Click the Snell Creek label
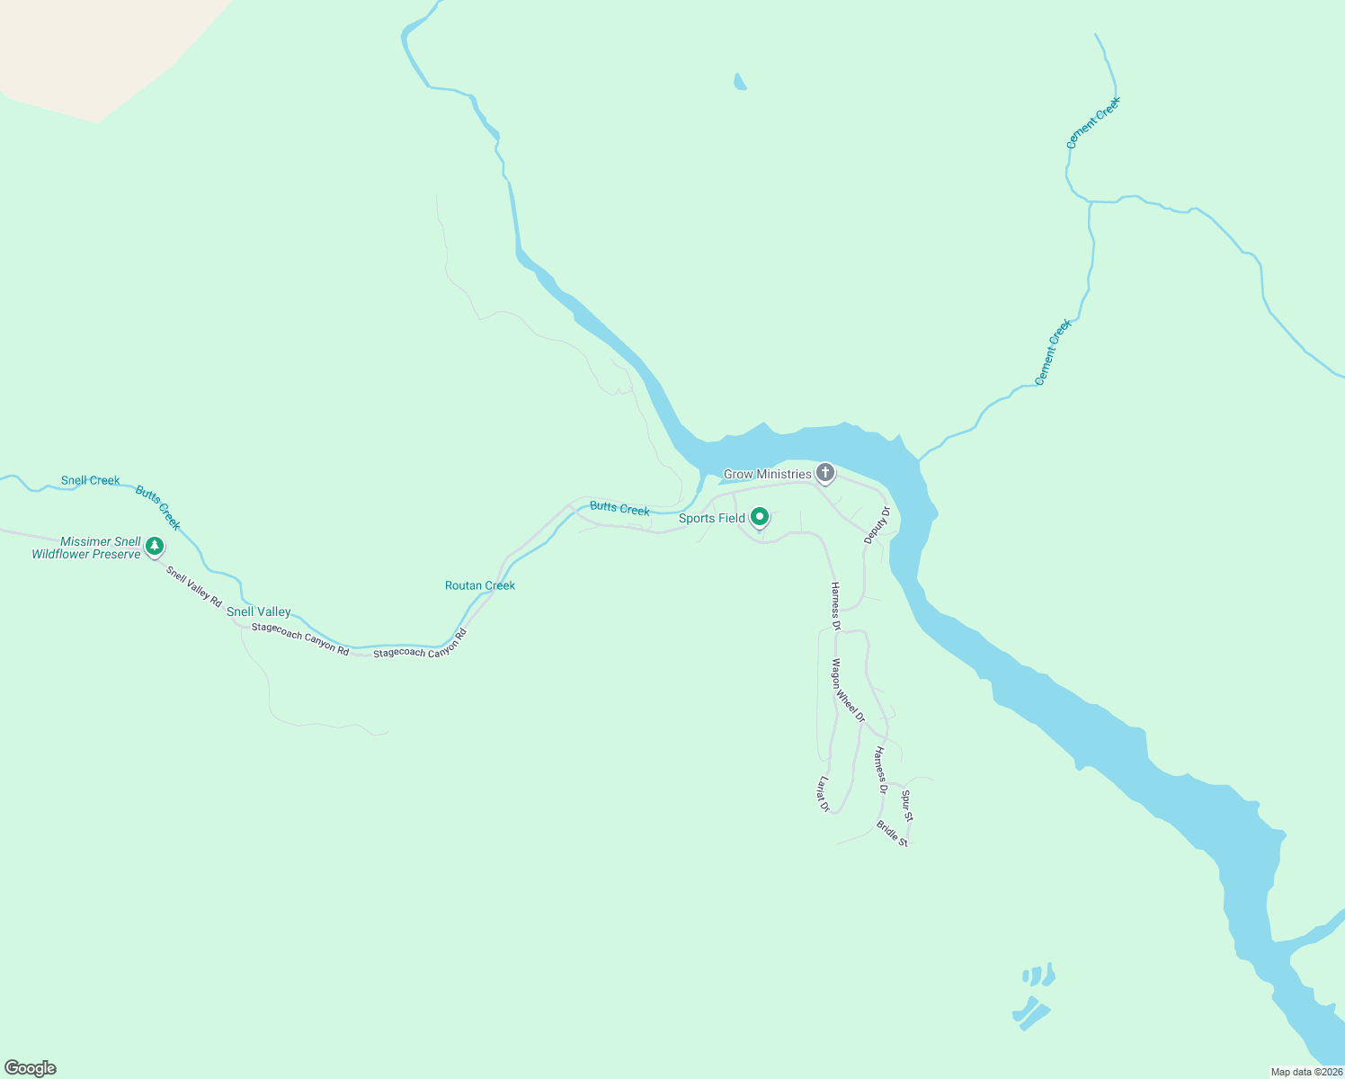(90, 481)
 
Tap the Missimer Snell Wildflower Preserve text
(87, 548)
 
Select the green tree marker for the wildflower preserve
(155, 546)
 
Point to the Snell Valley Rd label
(193, 586)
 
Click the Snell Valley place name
(259, 612)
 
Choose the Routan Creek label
(480, 585)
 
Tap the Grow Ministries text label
(767, 474)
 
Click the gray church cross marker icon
(825, 473)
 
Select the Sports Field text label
(711, 518)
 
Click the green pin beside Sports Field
(760, 517)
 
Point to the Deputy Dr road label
(877, 525)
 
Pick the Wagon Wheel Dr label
(848, 691)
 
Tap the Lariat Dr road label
(823, 794)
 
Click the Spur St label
(907, 806)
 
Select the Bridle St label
(893, 834)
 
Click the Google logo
(31, 1068)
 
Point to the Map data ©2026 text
(1306, 1072)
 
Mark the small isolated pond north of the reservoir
(739, 83)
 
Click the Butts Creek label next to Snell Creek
(158, 508)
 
